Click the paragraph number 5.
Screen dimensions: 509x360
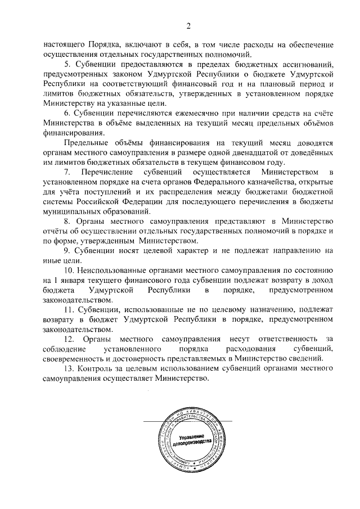coord(66,65)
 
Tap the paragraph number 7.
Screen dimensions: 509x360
coord(66,171)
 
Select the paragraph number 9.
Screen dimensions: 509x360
coord(66,251)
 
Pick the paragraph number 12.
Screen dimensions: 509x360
coord(69,340)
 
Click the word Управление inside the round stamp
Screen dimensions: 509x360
coord(192,438)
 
